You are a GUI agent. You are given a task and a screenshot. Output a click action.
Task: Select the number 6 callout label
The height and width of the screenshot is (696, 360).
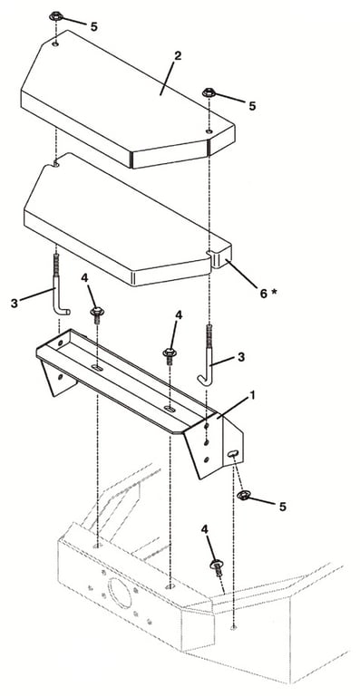click(x=264, y=294)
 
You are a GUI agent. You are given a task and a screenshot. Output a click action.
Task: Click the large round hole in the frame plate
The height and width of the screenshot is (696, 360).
click(x=120, y=593)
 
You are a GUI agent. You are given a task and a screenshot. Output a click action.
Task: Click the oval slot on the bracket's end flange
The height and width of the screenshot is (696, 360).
click(x=233, y=453)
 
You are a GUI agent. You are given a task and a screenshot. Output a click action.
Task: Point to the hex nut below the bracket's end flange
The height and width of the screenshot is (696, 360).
click(x=243, y=495)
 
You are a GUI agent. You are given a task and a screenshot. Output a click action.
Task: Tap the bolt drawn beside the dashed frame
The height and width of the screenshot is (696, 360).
click(x=216, y=567)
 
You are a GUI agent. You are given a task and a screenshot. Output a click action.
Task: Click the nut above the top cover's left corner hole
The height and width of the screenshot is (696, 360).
click(x=56, y=17)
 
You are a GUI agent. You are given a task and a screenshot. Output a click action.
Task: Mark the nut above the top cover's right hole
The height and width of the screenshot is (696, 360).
click(x=209, y=93)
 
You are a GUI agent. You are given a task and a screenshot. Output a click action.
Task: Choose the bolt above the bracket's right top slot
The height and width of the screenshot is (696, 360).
click(x=170, y=355)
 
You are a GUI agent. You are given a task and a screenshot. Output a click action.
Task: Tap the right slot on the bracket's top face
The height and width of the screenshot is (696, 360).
click(x=170, y=408)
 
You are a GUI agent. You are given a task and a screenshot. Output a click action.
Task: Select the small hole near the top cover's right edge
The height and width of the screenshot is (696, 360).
click(x=209, y=131)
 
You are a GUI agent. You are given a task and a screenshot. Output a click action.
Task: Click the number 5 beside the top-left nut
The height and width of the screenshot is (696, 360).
click(x=93, y=26)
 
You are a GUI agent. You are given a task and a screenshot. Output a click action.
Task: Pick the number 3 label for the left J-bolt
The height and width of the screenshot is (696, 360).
click(x=15, y=304)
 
